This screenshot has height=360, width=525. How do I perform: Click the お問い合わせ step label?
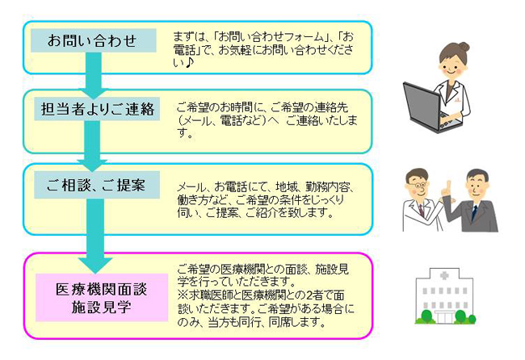pyautogui.click(x=94, y=40)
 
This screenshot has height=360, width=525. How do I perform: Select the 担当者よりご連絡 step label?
pyautogui.click(x=97, y=109)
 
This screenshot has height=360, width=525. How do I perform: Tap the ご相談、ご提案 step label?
pyautogui.click(x=97, y=185)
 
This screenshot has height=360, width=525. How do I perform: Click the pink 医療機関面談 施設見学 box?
pyautogui.click(x=102, y=297)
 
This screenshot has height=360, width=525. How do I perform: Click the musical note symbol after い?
pyautogui.click(x=188, y=63)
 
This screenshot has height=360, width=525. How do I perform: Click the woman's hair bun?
pyautogui.click(x=464, y=47)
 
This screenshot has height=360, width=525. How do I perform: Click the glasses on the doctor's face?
pyautogui.click(x=418, y=185)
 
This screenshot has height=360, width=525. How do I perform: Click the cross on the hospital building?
pyautogui.click(x=444, y=276)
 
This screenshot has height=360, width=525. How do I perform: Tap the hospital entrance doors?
pyautogui.click(x=444, y=317)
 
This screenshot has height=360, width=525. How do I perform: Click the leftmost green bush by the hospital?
pyautogui.click(x=426, y=316)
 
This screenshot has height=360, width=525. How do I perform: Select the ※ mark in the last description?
pyautogui.click(x=183, y=295)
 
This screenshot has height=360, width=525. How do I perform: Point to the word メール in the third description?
pyautogui.click(x=191, y=186)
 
